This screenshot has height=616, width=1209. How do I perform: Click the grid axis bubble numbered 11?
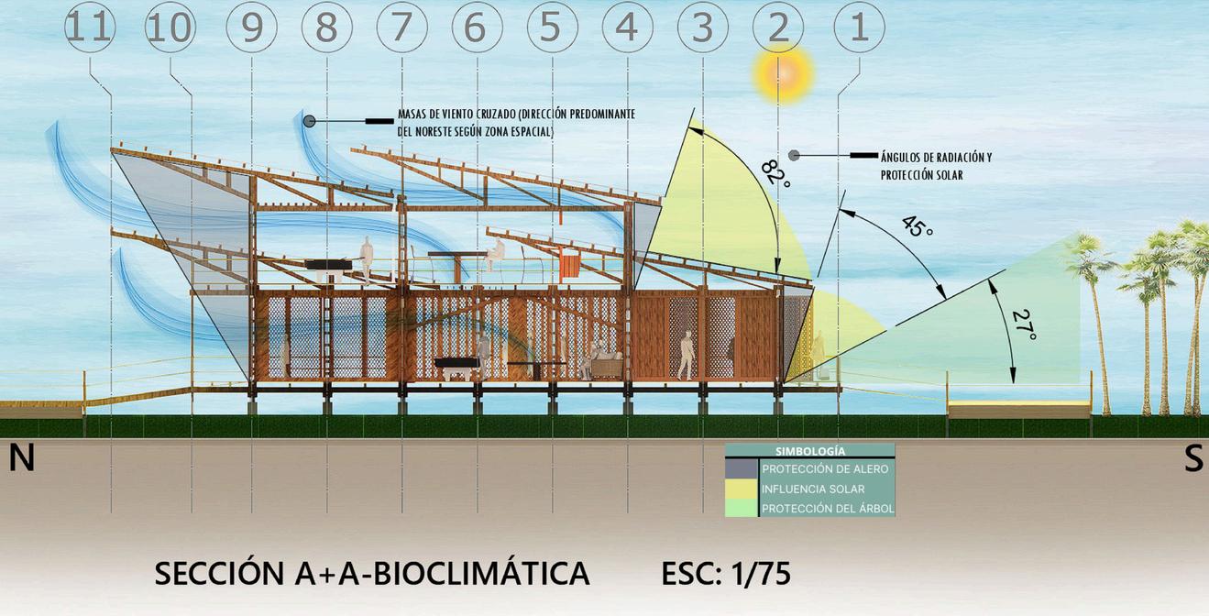pos(90,27)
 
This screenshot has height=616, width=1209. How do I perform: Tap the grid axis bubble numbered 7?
pos(401,27)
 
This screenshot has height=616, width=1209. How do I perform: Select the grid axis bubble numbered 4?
pos(628,27)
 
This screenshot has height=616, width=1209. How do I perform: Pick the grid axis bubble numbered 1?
pos(859,27)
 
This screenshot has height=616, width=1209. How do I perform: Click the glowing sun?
pos(784,73)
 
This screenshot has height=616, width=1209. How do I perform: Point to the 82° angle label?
pos(775,170)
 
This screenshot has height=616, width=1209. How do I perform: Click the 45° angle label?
pos(917,225)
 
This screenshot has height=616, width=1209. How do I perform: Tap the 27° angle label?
pos(1024,325)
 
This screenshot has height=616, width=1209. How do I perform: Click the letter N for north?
pos(21,458)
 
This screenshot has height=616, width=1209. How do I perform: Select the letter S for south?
pos(1193,458)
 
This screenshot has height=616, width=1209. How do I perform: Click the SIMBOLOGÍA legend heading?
pos(809,451)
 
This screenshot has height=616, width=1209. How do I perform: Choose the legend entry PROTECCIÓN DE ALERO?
pos(825,469)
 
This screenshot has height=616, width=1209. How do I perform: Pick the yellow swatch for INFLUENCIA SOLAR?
pos(742,489)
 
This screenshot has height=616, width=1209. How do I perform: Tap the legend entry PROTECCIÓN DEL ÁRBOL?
pos(827,509)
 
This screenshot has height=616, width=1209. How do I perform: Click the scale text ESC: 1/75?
pos(725,574)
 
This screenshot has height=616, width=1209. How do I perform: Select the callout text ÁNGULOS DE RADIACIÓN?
pos(935,158)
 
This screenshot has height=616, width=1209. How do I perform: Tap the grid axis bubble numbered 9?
pos(251,27)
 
